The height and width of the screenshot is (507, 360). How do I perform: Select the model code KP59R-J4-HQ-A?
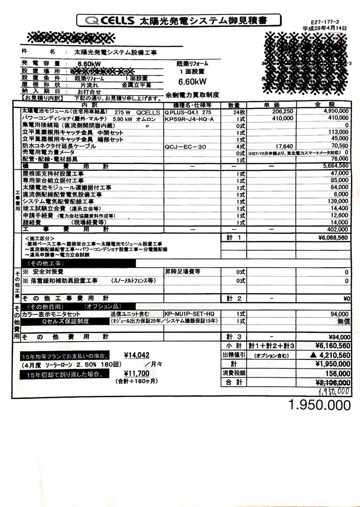tap(189, 119)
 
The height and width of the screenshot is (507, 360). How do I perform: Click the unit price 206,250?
tap(280, 112)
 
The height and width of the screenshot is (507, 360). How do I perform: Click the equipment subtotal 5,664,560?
tap(332, 166)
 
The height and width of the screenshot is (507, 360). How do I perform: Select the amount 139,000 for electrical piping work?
tap(336, 202)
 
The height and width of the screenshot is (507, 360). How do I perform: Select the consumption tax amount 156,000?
tap(336, 374)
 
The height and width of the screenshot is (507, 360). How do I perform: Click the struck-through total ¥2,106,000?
tap(329, 383)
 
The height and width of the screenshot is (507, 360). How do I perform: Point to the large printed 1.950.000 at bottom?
tap(319, 405)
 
